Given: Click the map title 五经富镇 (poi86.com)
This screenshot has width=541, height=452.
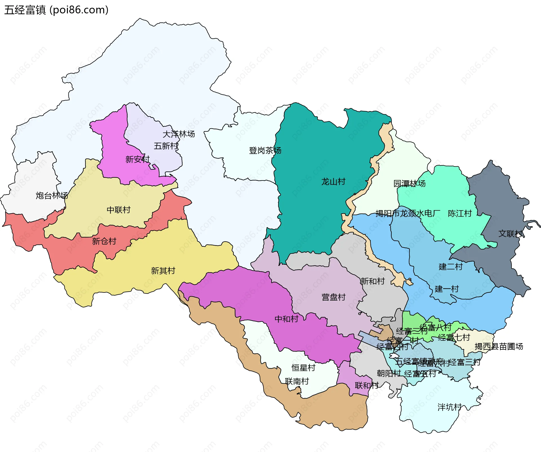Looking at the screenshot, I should pyautogui.click(x=56, y=10).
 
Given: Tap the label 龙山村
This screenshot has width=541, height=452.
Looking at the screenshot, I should pyautogui.click(x=333, y=182).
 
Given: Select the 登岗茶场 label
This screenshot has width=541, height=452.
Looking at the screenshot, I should pyautogui.click(x=265, y=151).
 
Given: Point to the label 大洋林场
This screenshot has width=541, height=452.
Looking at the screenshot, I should pyautogui.click(x=179, y=134).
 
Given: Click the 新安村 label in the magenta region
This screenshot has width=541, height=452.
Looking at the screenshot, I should pyautogui.click(x=138, y=160).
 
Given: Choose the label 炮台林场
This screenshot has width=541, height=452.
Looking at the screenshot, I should pyautogui.click(x=52, y=195).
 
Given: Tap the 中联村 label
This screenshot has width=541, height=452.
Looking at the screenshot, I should pyautogui.click(x=119, y=210).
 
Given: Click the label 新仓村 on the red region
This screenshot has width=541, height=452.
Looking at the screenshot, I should pyautogui.click(x=104, y=241).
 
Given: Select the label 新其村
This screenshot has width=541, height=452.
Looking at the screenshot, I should pyautogui.click(x=163, y=271).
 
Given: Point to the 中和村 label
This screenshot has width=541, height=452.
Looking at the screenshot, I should pyautogui.click(x=287, y=319).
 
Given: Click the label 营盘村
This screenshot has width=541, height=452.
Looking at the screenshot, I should pyautogui.click(x=333, y=297).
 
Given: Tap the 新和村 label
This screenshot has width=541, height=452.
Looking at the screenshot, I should pyautogui.click(x=372, y=281).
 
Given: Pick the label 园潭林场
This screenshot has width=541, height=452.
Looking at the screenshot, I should pyautogui.click(x=409, y=184).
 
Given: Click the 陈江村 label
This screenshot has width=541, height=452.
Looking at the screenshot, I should pyautogui.click(x=460, y=213).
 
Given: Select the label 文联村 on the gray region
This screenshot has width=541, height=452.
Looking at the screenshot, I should pyautogui.click(x=510, y=233).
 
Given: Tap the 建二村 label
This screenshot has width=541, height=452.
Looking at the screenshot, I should pyautogui.click(x=451, y=267).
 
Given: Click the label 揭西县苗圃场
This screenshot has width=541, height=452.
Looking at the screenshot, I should pyautogui.click(x=499, y=346).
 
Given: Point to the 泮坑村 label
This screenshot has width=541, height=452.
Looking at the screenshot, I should pyautogui.click(x=449, y=407).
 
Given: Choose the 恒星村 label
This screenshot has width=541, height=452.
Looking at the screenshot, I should pyautogui.click(x=303, y=368).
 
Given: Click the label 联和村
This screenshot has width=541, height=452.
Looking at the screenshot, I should pyautogui.click(x=367, y=385).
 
